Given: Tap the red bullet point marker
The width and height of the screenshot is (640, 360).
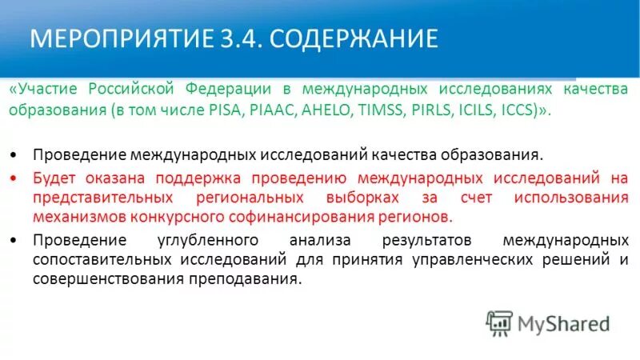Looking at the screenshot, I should [18, 175].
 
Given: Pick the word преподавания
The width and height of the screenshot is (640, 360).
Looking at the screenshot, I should [245, 280].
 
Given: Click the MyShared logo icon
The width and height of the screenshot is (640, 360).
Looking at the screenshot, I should [499, 322].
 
